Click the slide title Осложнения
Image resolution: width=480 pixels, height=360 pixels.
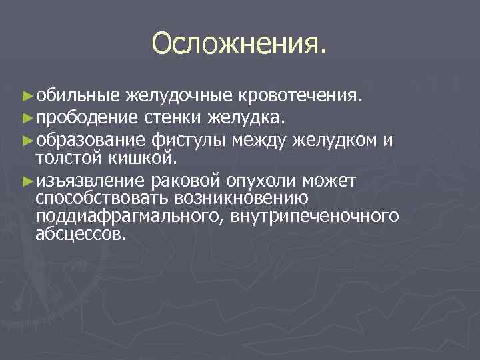tap(240, 44)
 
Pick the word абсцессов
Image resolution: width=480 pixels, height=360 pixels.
tap(81, 234)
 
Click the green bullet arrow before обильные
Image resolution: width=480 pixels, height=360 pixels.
tap(27, 95)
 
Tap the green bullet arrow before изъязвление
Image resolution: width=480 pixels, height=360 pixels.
tap(27, 180)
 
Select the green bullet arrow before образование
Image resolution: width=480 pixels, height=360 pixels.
tap(27, 141)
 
